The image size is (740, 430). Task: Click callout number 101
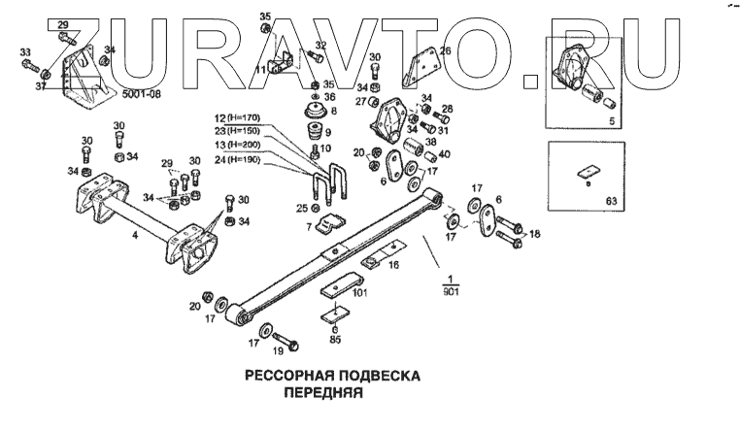(358, 290)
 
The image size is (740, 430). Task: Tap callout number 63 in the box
(610, 202)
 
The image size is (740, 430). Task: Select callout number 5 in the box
(610, 121)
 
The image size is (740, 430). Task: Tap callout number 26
(445, 50)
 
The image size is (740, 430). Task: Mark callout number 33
(24, 51)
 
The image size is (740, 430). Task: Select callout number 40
(446, 152)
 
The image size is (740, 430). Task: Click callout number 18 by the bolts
(534, 235)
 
